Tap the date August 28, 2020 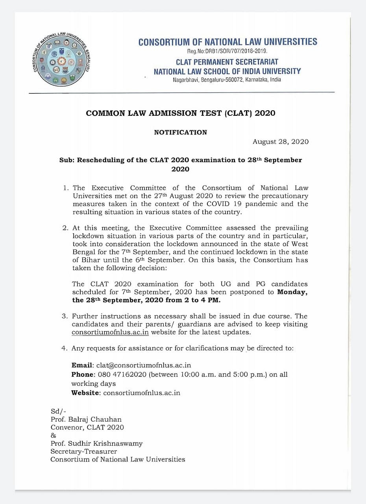tap(281, 142)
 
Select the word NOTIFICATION tap(180, 132)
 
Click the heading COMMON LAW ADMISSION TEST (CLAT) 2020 tap(181, 113)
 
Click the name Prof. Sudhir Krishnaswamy tap(96, 443)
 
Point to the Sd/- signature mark tap(59, 411)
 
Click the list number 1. tap(66, 188)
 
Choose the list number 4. tap(66, 348)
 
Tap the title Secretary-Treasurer tap(83, 451)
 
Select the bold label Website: tap(86, 393)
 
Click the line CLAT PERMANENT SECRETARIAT tap(227, 62)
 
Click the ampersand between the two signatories tap(54, 435)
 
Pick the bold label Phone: tap(83, 374)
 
